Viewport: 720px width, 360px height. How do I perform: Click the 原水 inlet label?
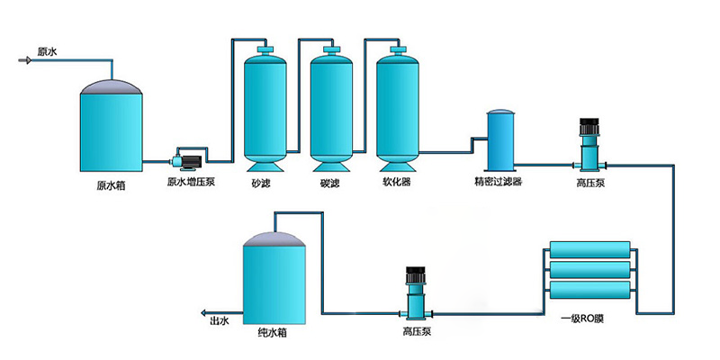pos(48,52)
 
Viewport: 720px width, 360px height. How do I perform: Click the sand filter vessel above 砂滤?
pos(266,108)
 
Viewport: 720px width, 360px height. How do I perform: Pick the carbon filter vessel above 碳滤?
pos(330,108)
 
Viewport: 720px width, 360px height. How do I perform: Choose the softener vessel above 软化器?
pos(396,108)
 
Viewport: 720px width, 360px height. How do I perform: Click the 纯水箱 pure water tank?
pos(278,279)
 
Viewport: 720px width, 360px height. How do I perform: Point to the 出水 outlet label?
pos(220,320)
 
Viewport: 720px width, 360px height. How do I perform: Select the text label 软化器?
pos(396,184)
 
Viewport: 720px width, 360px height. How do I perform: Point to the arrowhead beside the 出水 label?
pos(202,315)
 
